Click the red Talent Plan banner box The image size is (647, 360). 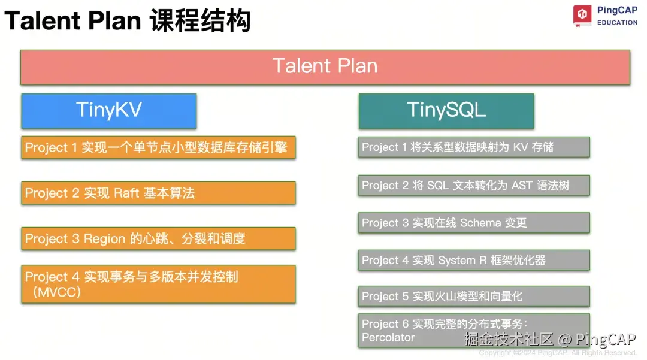coord(325,66)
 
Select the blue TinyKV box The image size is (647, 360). coord(108,111)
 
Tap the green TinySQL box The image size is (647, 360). coord(446,111)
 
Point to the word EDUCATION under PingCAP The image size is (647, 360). coord(617,23)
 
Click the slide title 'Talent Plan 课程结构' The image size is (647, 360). coord(127,22)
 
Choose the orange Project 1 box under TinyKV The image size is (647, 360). coord(158,147)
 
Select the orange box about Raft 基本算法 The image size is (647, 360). coord(158,193)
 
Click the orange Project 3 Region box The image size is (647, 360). coord(158,238)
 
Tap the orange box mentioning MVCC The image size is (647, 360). coord(158,284)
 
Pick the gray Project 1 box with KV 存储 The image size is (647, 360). coord(474,147)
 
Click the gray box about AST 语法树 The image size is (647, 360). coord(474,186)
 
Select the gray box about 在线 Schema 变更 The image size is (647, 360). coord(474,223)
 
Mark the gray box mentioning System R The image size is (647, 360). coord(474,261)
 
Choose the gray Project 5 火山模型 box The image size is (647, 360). coord(474,297)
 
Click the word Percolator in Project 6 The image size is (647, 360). coord(388,338)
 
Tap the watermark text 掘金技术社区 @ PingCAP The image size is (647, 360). coord(550,340)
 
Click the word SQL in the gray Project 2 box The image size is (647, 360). coord(439,186)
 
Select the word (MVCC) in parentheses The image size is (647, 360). coord(53,292)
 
